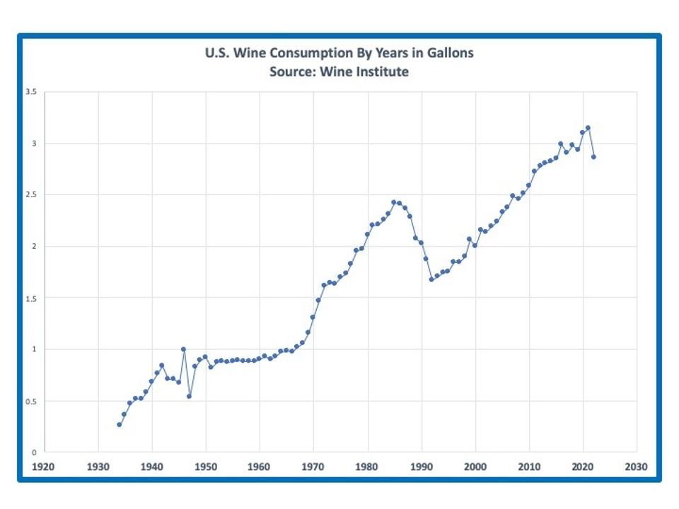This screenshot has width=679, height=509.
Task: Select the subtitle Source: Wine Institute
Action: pyautogui.click(x=339, y=71)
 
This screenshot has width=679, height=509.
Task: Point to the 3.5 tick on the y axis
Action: pyautogui.click(x=32, y=92)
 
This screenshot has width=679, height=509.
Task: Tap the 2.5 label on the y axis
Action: pyautogui.click(x=32, y=195)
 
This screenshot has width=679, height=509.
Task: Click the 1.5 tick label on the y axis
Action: pyautogui.click(x=32, y=298)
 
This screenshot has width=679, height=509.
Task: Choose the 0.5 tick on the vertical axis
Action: pyautogui.click(x=32, y=401)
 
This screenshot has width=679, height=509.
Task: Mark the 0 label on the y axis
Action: pyautogui.click(x=35, y=452)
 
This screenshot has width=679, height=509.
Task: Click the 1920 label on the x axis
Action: pyautogui.click(x=44, y=467)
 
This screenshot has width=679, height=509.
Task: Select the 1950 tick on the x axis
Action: pyautogui.click(x=206, y=467)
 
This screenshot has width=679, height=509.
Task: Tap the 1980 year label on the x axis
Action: pyautogui.click(x=367, y=467)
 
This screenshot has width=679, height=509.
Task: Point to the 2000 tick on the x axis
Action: pyautogui.click(x=475, y=467)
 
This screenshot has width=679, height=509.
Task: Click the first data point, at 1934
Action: pyautogui.click(x=120, y=424)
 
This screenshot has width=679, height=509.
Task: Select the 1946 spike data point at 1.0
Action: pyautogui.click(x=184, y=349)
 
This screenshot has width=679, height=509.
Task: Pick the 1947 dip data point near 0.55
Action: pyautogui.click(x=189, y=396)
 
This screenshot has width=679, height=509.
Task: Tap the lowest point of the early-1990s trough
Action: pyautogui.click(x=431, y=279)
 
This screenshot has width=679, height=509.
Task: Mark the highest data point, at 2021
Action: pyautogui.click(x=588, y=128)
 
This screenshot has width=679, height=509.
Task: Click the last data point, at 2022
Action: pyautogui.click(x=593, y=157)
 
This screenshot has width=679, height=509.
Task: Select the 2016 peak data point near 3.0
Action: pyautogui.click(x=561, y=144)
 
